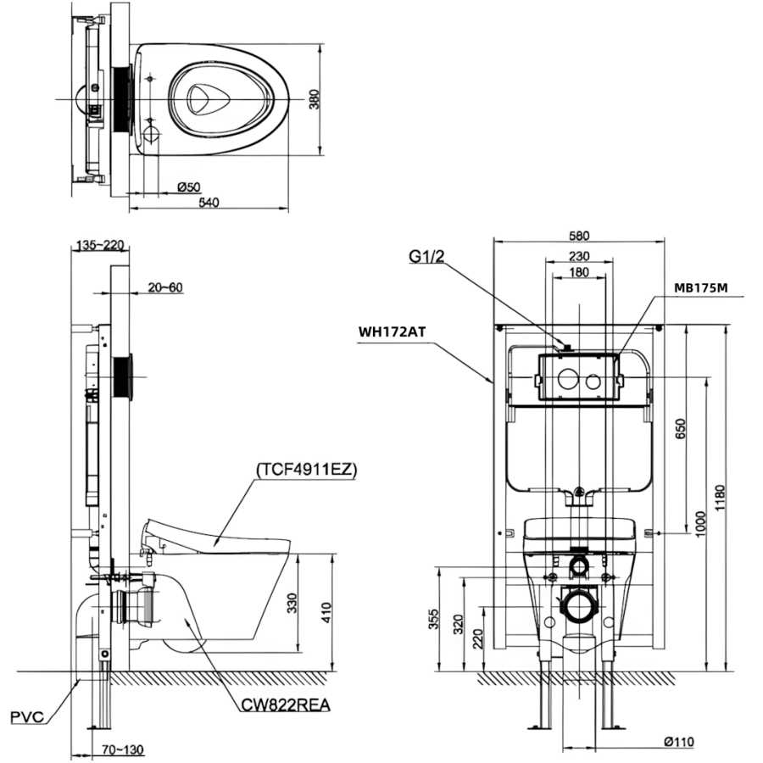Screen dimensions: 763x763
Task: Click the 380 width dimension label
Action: (315, 99)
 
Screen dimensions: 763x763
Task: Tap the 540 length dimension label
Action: (209, 203)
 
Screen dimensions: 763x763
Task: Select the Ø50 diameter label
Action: (189, 187)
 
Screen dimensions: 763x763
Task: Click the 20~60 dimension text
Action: (165, 287)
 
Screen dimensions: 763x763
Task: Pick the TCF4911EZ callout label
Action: (307, 470)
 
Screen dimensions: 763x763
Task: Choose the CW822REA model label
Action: (286, 705)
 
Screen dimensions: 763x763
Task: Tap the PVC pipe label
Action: (27, 716)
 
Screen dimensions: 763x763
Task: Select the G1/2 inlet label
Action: (426, 256)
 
